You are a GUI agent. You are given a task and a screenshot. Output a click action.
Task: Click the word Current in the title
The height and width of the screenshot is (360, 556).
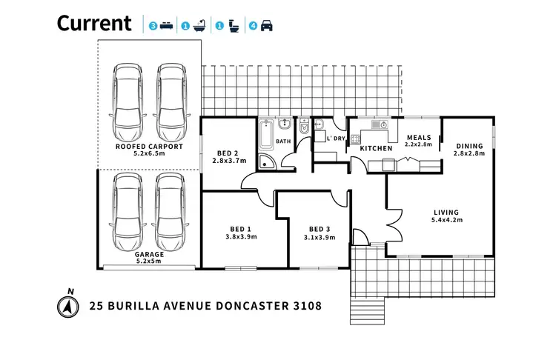(x=94, y=23)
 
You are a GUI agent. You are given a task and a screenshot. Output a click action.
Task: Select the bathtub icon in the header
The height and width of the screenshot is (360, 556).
(x=199, y=26)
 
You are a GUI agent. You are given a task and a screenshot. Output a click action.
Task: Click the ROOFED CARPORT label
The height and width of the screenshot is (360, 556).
(x=150, y=147)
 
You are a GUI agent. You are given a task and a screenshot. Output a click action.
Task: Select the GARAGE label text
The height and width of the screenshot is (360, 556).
(x=150, y=254)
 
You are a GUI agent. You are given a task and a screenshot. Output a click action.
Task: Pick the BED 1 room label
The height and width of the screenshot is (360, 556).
(x=238, y=229)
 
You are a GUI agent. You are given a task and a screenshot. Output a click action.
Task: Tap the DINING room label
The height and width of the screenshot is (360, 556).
(x=469, y=146)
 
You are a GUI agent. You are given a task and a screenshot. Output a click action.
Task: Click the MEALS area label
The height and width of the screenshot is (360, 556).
(x=418, y=137)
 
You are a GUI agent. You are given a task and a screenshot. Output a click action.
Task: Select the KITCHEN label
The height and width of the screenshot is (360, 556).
(x=376, y=149)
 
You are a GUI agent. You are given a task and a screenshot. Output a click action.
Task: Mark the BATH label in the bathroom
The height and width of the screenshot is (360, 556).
(x=283, y=141)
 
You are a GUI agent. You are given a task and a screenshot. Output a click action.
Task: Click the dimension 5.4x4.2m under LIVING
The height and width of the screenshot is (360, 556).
(x=447, y=220)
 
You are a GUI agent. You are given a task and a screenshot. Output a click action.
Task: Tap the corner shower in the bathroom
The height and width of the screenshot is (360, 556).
(x=266, y=163)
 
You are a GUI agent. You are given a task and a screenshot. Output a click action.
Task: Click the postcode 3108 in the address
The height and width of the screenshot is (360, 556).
(x=305, y=305)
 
